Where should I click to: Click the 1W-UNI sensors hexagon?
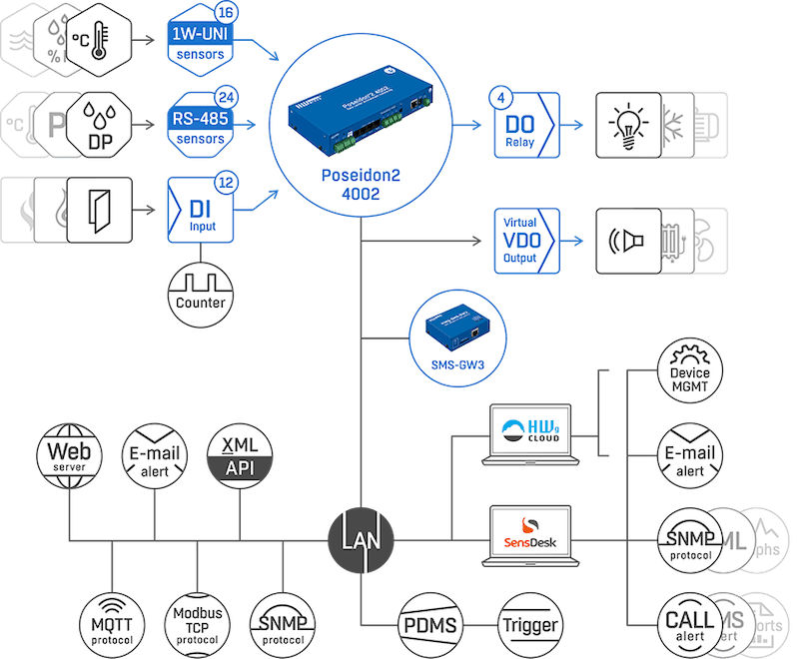[x=199, y=41]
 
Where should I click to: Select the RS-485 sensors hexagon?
[x=199, y=126]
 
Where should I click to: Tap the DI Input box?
[x=203, y=209]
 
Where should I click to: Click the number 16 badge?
[x=227, y=13]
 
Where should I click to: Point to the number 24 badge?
[x=227, y=98]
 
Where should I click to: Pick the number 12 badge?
[x=227, y=182]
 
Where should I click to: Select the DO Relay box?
[x=521, y=127]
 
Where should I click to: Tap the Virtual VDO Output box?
[x=521, y=242]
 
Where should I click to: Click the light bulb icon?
[x=627, y=127]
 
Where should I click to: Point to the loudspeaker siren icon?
[x=627, y=242]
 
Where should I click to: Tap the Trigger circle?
[x=530, y=625]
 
